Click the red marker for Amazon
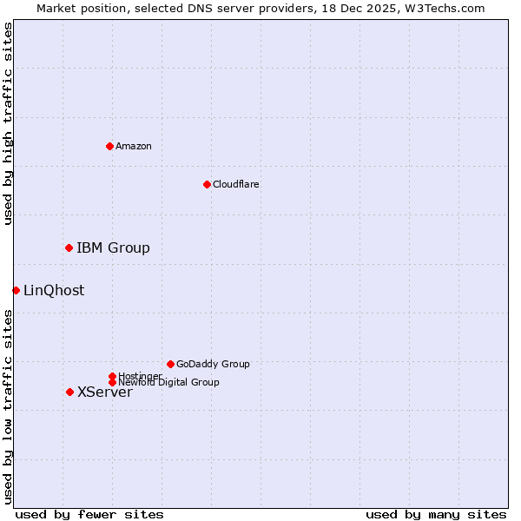109,146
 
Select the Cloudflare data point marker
207,184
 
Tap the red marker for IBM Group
69,248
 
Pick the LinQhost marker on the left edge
16,290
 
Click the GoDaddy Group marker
170,364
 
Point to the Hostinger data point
112,376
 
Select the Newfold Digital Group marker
112,383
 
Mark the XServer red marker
69,392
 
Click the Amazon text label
134,146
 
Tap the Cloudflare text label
236,184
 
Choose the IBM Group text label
113,248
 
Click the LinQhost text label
54,291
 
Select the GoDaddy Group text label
213,364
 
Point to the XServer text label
105,392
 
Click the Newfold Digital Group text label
169,383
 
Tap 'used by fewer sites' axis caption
89,514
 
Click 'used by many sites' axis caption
436,514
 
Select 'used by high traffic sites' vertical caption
8,123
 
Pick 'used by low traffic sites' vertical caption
8,406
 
